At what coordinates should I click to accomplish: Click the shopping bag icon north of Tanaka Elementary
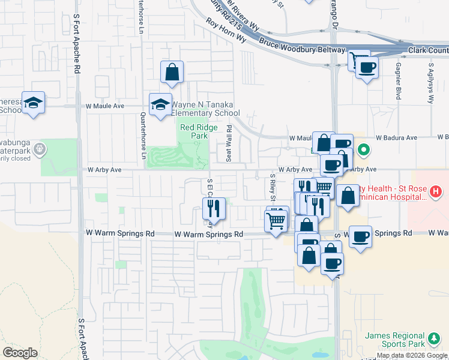click(x=172, y=73)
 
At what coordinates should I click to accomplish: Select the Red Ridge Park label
click(x=194, y=131)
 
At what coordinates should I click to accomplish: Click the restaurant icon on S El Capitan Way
click(x=214, y=209)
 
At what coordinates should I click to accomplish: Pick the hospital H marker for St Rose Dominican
click(x=436, y=192)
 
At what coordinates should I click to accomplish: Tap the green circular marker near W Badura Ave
click(x=363, y=149)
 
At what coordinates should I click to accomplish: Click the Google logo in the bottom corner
click(x=20, y=353)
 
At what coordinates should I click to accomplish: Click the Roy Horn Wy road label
click(x=226, y=29)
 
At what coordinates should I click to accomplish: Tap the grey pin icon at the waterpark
click(x=39, y=149)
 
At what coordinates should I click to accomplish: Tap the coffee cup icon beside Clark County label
click(x=367, y=67)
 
